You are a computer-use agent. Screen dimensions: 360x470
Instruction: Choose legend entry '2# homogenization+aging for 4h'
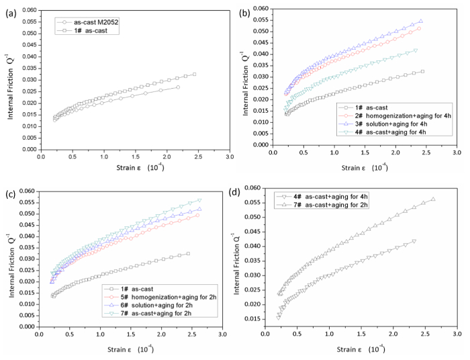coord(386,120)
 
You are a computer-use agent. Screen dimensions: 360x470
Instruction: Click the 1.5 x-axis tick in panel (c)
coord(131,316)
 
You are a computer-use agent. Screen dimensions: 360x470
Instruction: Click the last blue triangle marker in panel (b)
coord(420,21)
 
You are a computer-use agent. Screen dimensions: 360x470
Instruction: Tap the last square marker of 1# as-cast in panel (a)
coord(194,75)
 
